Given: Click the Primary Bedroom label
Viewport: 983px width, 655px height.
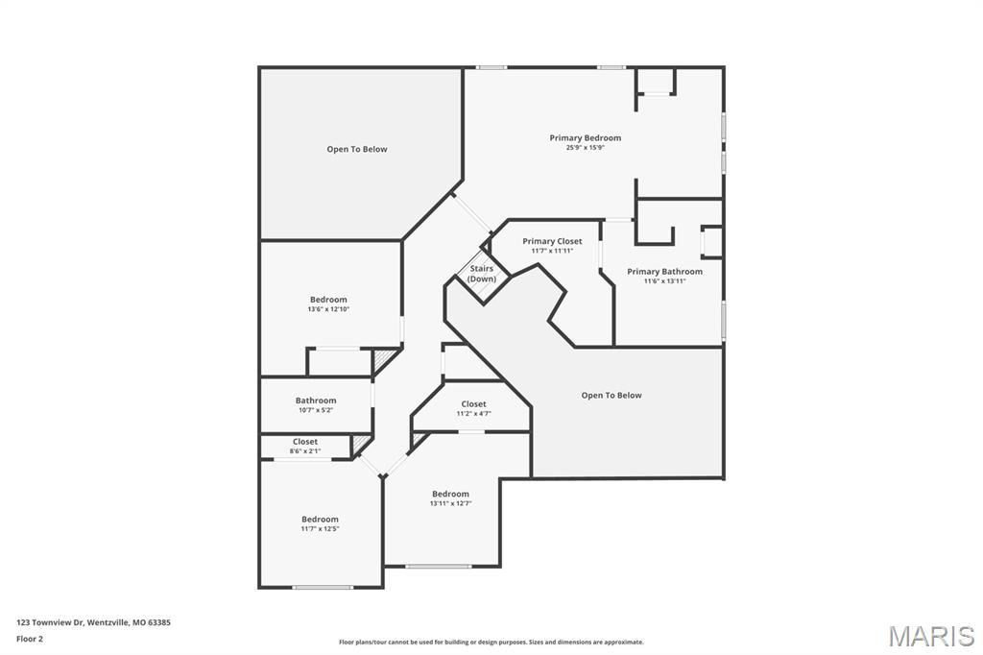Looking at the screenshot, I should (585, 138).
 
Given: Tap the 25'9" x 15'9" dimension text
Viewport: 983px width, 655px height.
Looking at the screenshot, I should (585, 148).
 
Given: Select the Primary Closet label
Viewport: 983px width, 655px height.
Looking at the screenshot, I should (552, 242).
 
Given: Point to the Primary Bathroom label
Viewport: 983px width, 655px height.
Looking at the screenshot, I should (664, 272).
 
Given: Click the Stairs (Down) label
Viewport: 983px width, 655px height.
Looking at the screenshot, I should (482, 274).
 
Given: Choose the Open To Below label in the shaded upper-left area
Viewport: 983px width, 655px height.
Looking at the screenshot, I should (357, 150).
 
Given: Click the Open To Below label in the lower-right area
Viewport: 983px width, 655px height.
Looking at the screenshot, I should (611, 396).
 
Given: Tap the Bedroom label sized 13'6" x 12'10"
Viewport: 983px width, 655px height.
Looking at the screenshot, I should (328, 300).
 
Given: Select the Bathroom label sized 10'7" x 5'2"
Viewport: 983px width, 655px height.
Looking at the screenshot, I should (316, 400).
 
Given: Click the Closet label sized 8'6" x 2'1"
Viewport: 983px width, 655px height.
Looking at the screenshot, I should (305, 442).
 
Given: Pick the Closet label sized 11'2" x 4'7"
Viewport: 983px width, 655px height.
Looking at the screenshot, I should (473, 404).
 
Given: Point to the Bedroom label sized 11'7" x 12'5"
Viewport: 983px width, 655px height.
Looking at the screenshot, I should (320, 520).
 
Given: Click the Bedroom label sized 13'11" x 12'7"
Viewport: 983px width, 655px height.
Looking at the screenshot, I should (450, 494).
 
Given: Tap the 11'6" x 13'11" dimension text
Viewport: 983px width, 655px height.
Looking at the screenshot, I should (664, 281).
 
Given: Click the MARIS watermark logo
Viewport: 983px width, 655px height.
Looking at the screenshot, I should (931, 636).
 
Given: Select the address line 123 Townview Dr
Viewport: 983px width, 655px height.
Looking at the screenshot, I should (93, 622).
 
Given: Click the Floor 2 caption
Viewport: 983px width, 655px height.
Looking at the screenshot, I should (30, 638).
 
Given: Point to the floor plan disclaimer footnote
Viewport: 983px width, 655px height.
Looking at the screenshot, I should (491, 643).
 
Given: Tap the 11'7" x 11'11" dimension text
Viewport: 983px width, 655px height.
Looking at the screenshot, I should (552, 252).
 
